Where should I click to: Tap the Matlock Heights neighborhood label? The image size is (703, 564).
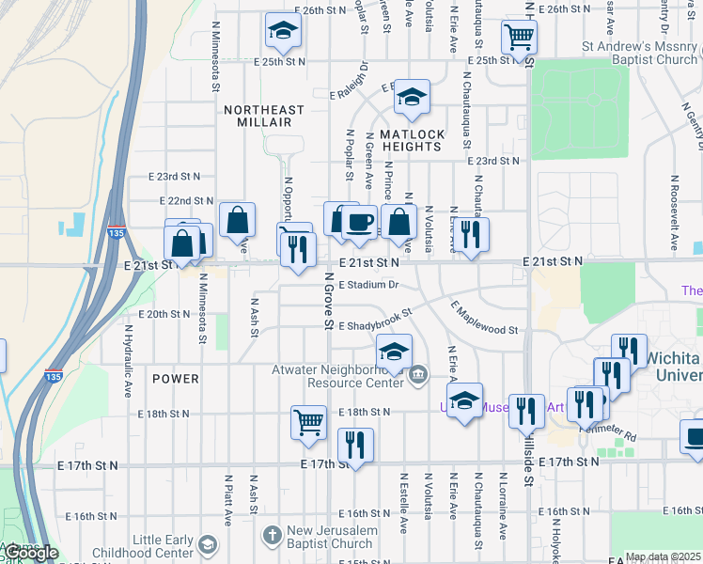tap(412, 140)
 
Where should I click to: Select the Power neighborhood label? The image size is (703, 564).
tap(175, 379)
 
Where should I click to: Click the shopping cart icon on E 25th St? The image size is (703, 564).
tap(518, 38)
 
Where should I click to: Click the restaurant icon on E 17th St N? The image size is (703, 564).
tap(355, 445)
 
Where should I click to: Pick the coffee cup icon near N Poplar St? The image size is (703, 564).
tap(358, 222)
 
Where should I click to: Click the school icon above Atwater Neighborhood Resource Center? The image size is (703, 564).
tap(394, 352)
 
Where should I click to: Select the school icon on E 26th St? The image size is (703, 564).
tap(281, 31)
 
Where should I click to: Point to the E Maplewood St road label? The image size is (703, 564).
tap(483, 320)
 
